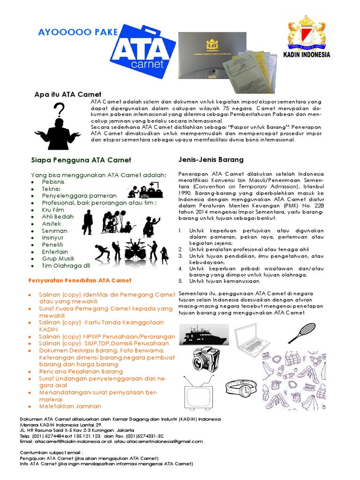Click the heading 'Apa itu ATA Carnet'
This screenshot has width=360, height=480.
pos(68,94)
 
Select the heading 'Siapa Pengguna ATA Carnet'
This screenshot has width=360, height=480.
pos(81,160)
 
